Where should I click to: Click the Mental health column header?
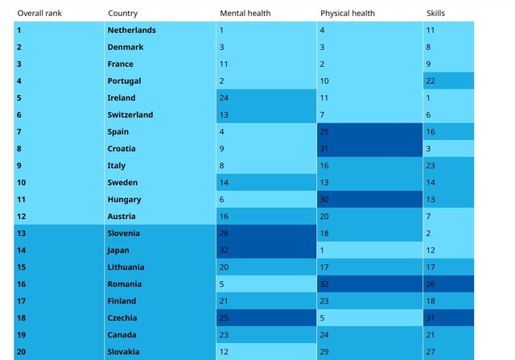(245, 14)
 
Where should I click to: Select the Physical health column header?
(347, 14)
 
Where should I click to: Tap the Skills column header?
(435, 14)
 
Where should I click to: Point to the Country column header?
(122, 14)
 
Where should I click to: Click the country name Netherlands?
(131, 31)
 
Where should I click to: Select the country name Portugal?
(124, 81)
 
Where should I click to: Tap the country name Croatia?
(122, 149)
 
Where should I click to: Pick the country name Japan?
(118, 250)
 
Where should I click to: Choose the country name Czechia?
(122, 318)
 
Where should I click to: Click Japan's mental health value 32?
(225, 250)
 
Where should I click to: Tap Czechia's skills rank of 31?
(431, 318)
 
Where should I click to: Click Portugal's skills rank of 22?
(431, 81)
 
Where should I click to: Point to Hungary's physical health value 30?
(325, 200)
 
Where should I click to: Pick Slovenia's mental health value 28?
(225, 234)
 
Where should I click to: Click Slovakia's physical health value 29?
(325, 352)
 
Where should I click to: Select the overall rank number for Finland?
(21, 301)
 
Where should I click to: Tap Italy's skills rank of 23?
(431, 166)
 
